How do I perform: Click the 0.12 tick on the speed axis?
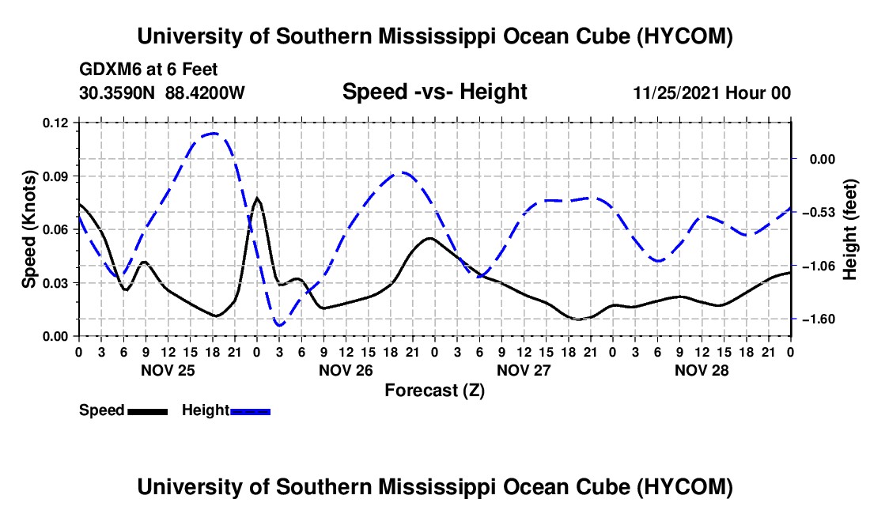(55, 123)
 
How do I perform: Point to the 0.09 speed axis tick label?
(55, 176)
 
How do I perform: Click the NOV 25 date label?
(168, 370)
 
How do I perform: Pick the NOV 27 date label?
(524, 370)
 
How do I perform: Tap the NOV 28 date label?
(702, 370)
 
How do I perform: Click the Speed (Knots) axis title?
(28, 229)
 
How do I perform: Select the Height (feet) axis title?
(849, 229)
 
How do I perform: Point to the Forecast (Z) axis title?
(434, 391)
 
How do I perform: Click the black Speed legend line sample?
(147, 411)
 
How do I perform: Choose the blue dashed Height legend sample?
(250, 411)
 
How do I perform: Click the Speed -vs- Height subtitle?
(434, 92)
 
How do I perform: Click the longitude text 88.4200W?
(205, 93)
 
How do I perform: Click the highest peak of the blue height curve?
(213, 133)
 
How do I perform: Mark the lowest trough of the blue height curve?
(279, 325)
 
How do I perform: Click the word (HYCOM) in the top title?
(685, 36)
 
